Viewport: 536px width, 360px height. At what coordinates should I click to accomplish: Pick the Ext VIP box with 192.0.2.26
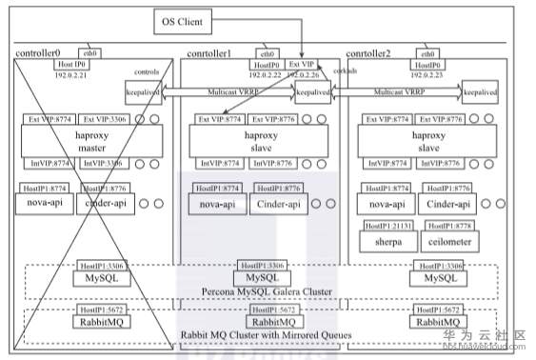coord(301,69)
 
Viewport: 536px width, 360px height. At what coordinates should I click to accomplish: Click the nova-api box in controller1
coord(218,204)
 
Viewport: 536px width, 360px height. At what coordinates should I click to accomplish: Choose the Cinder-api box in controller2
coord(447,204)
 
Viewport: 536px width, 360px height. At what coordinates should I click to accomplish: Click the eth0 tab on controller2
coord(427,53)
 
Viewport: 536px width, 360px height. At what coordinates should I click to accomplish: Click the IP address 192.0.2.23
coord(427,73)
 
